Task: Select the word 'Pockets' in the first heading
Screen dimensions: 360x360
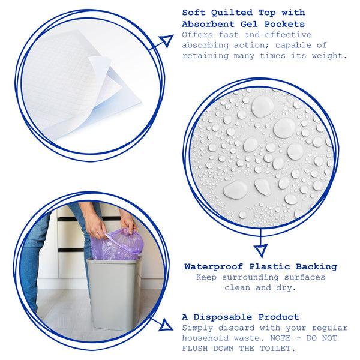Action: pos(284,24)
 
